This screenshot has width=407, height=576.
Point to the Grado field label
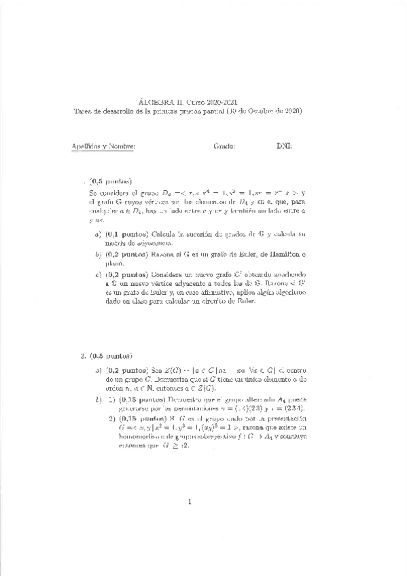[224, 146]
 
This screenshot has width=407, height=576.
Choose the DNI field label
[283, 146]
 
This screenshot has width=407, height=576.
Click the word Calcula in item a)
[166, 234]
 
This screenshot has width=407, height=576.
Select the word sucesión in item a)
[211, 234]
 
